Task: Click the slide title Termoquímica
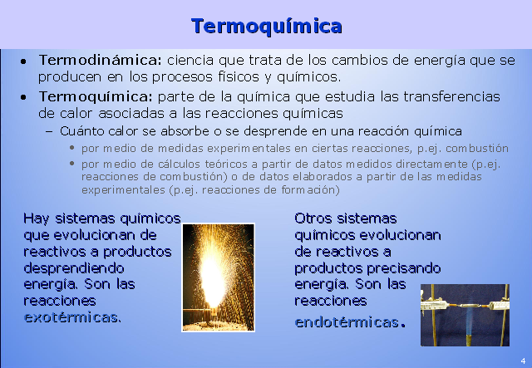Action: pos(266,26)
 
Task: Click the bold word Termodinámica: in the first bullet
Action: pos(100,61)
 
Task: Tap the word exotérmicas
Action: pos(71,316)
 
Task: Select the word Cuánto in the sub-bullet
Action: pos(81,131)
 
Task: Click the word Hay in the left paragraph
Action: pos(37,218)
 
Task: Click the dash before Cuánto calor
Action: pos(51,131)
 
